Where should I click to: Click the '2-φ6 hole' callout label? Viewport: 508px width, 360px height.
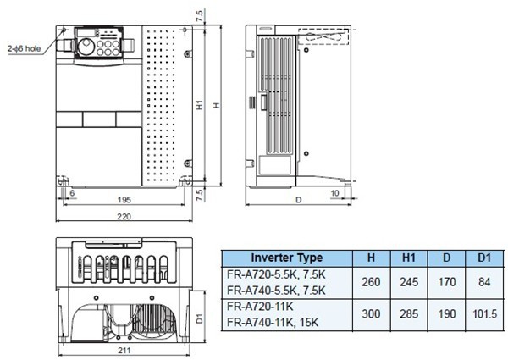point(26,49)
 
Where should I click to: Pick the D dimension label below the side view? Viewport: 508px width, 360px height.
point(297,201)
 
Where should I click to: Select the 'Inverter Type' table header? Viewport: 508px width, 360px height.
point(286,257)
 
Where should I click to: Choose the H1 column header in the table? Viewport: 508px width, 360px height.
point(406,257)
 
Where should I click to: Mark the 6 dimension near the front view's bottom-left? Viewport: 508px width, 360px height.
point(73,193)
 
